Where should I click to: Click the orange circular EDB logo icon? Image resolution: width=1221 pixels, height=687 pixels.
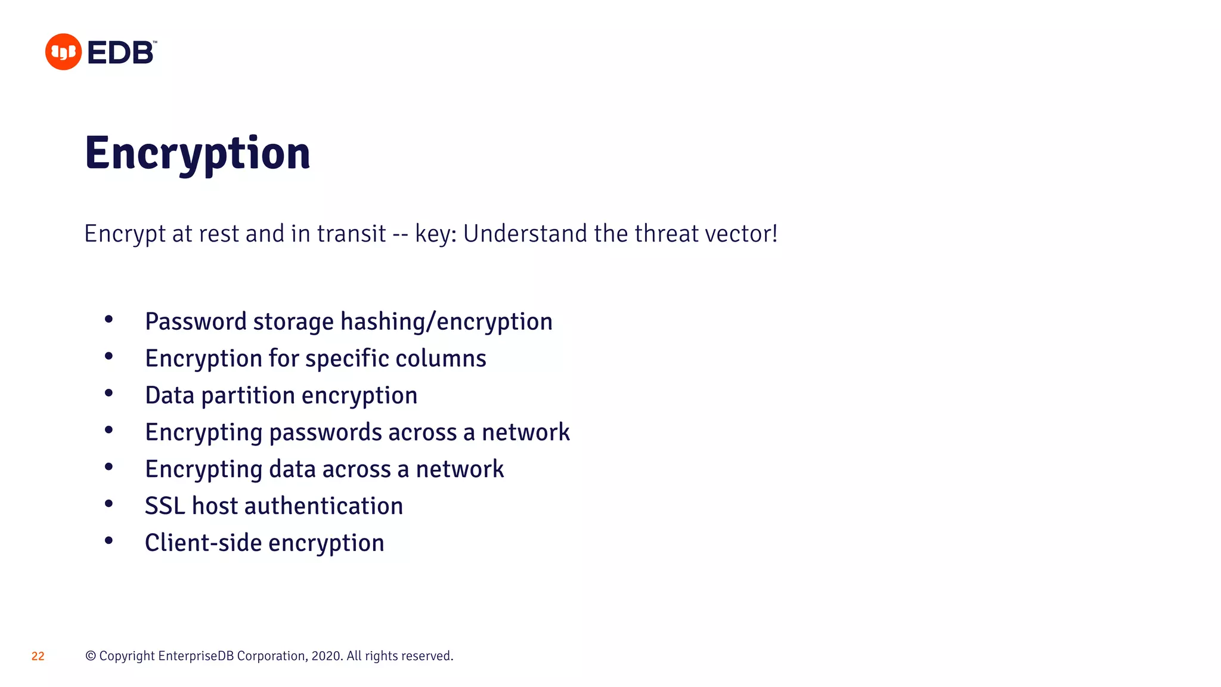pyautogui.click(x=63, y=52)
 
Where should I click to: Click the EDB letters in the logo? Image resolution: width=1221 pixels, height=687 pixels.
pyautogui.click(x=121, y=52)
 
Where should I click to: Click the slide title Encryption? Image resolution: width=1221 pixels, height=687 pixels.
pyautogui.click(x=197, y=153)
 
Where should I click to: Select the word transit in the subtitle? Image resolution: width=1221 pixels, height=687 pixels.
pyautogui.click(x=351, y=233)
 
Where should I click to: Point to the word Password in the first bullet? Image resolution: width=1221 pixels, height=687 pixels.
pyautogui.click(x=196, y=321)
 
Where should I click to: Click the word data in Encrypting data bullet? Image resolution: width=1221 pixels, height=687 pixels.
pyautogui.click(x=292, y=469)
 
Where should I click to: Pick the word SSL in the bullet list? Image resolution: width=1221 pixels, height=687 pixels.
pyautogui.click(x=165, y=506)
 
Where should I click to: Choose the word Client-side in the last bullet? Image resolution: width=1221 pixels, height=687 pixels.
pyautogui.click(x=203, y=543)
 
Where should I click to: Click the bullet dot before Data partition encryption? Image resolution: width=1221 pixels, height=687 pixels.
pyautogui.click(x=109, y=394)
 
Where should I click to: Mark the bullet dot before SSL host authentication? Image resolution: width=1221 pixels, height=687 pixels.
pyautogui.click(x=109, y=504)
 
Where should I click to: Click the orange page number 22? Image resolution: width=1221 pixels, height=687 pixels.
pyautogui.click(x=38, y=656)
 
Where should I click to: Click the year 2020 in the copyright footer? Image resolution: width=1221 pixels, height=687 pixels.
pyautogui.click(x=326, y=656)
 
